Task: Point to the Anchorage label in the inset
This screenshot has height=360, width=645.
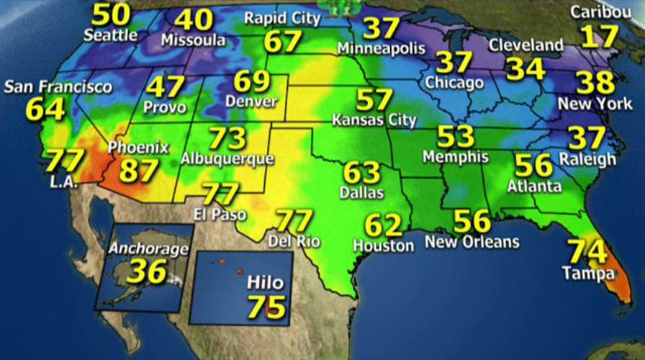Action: click(x=148, y=249)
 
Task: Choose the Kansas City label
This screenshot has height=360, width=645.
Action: click(x=374, y=120)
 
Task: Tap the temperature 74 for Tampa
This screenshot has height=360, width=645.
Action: click(x=587, y=251)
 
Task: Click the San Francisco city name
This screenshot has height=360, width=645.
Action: click(x=58, y=88)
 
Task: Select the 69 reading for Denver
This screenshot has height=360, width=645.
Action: click(x=252, y=81)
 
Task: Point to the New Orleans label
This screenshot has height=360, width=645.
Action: click(x=472, y=242)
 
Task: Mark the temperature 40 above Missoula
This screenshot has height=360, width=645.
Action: click(x=193, y=19)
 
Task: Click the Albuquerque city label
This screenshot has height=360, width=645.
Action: click(x=227, y=158)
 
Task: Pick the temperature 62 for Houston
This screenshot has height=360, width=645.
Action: click(x=384, y=226)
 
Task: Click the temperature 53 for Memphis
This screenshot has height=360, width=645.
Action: click(x=456, y=137)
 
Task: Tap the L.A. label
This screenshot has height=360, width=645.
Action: click(x=63, y=183)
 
